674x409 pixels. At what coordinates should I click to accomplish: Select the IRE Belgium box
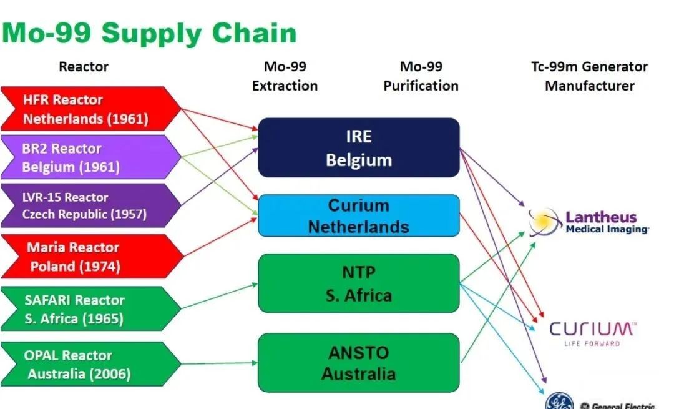[359, 148]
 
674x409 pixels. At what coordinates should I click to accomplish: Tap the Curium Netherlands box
[359, 215]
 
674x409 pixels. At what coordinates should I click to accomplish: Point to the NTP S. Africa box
[359, 283]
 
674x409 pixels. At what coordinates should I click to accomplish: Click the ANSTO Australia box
[359, 363]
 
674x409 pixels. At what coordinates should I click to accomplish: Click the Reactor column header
[84, 66]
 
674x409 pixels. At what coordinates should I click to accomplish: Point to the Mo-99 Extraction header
[285, 76]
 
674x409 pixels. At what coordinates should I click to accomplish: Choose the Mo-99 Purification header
[421, 76]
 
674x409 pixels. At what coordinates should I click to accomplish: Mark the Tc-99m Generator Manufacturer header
[589, 76]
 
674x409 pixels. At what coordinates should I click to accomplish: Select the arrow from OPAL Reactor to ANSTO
[218, 363]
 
